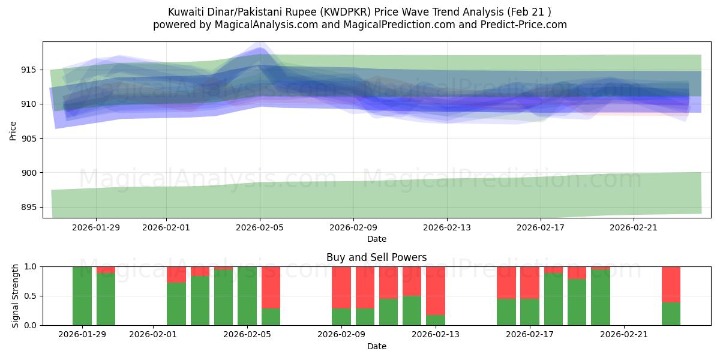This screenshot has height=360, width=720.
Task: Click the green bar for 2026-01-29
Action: [82, 296]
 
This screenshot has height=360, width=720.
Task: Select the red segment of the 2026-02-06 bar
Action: [271, 287]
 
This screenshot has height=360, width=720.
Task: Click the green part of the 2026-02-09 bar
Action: [341, 317]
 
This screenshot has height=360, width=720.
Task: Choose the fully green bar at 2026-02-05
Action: [247, 296]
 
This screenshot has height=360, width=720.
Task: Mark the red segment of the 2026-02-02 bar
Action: [176, 274]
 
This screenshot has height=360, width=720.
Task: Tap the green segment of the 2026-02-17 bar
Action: [530, 312]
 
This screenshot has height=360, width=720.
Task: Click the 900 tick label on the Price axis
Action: [29, 173]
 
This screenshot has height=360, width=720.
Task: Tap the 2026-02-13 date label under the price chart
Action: [447, 228]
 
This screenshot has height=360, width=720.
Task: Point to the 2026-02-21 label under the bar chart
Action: [625, 335]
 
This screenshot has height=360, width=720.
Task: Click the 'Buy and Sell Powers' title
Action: [377, 257]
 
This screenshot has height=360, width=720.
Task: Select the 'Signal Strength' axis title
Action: [16, 296]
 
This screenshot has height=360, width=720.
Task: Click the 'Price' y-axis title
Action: [13, 130]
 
